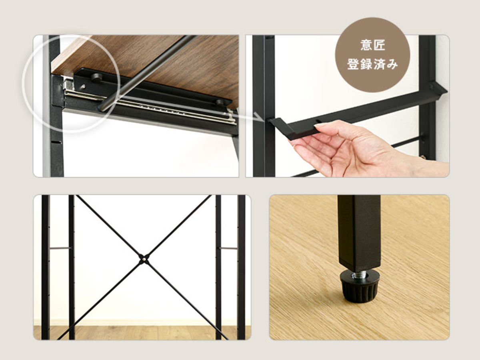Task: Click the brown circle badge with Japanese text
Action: click(372, 55)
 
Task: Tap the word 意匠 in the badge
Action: click(373, 45)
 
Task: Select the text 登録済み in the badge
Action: click(372, 64)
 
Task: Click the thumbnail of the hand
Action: click(348, 106)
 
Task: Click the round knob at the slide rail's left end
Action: click(96, 77)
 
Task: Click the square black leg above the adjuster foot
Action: click(359, 232)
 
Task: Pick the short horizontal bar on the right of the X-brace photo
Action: click(228, 248)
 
